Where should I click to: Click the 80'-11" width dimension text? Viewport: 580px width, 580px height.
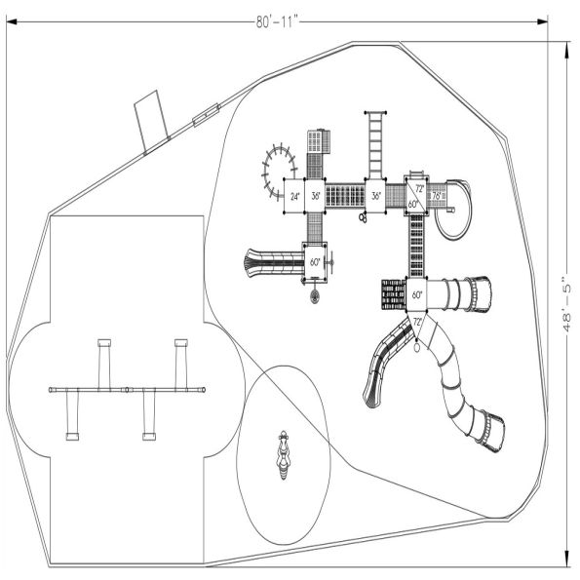click(x=279, y=20)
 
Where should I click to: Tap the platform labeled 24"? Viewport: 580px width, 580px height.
click(x=294, y=196)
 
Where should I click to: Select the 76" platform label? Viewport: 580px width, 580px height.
click(x=438, y=196)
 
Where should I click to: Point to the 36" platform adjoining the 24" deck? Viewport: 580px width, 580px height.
click(x=315, y=196)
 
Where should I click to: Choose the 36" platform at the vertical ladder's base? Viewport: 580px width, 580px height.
click(x=376, y=196)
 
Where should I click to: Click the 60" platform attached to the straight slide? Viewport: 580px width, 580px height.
click(x=315, y=262)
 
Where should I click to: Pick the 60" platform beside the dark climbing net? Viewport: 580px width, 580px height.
click(x=417, y=293)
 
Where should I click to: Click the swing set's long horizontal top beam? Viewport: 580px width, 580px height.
click(x=128, y=390)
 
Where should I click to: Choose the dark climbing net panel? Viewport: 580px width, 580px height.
click(x=393, y=293)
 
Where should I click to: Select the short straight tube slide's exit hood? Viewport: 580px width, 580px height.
click(x=481, y=290)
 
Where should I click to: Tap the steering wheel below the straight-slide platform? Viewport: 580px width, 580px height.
click(x=316, y=296)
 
